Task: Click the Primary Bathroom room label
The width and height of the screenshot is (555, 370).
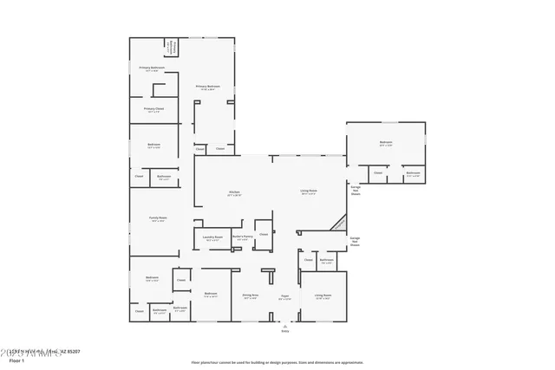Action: (x=152, y=67)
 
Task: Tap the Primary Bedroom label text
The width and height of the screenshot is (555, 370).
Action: (x=207, y=86)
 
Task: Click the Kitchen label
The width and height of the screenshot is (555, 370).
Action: (x=234, y=192)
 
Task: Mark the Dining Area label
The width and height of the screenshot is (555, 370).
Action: (x=251, y=295)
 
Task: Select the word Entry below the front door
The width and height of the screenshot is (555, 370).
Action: (x=284, y=330)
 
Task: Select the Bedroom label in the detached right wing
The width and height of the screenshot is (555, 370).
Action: (x=386, y=142)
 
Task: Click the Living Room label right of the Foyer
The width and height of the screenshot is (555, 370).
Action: (x=323, y=295)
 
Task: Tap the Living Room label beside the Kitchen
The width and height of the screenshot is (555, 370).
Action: (x=309, y=191)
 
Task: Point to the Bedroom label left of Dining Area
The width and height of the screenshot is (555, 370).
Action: (x=210, y=294)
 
